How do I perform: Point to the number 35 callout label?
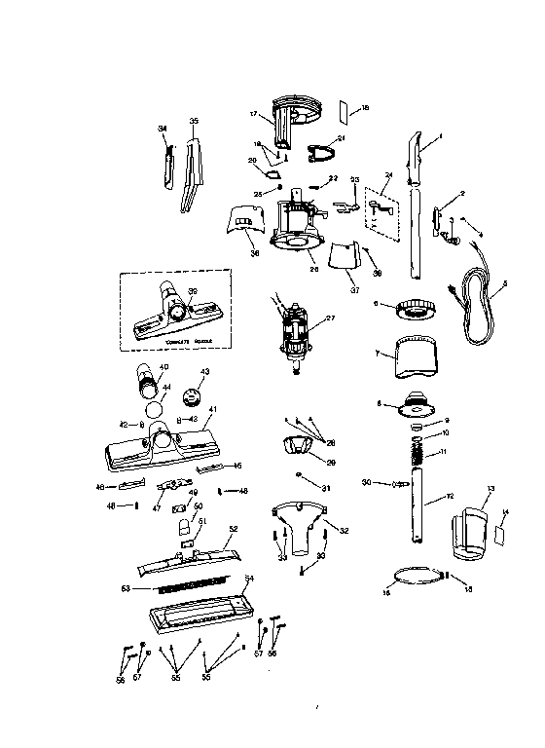(194, 122)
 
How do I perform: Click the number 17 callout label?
(253, 115)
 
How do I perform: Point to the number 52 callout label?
(233, 529)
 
